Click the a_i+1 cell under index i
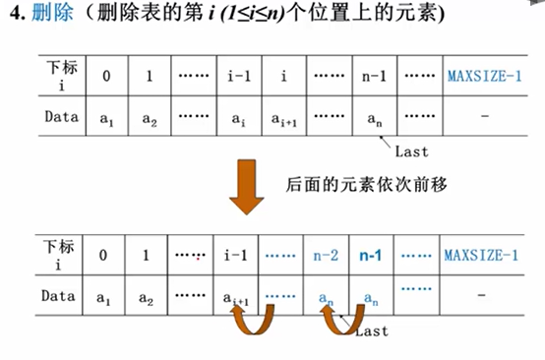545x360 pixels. click(x=285, y=118)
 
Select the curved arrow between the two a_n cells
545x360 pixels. click(x=339, y=319)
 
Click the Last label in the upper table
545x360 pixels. click(x=410, y=152)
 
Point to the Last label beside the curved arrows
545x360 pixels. click(x=371, y=332)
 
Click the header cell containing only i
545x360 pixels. click(x=285, y=74)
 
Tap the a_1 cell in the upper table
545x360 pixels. click(x=107, y=118)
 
